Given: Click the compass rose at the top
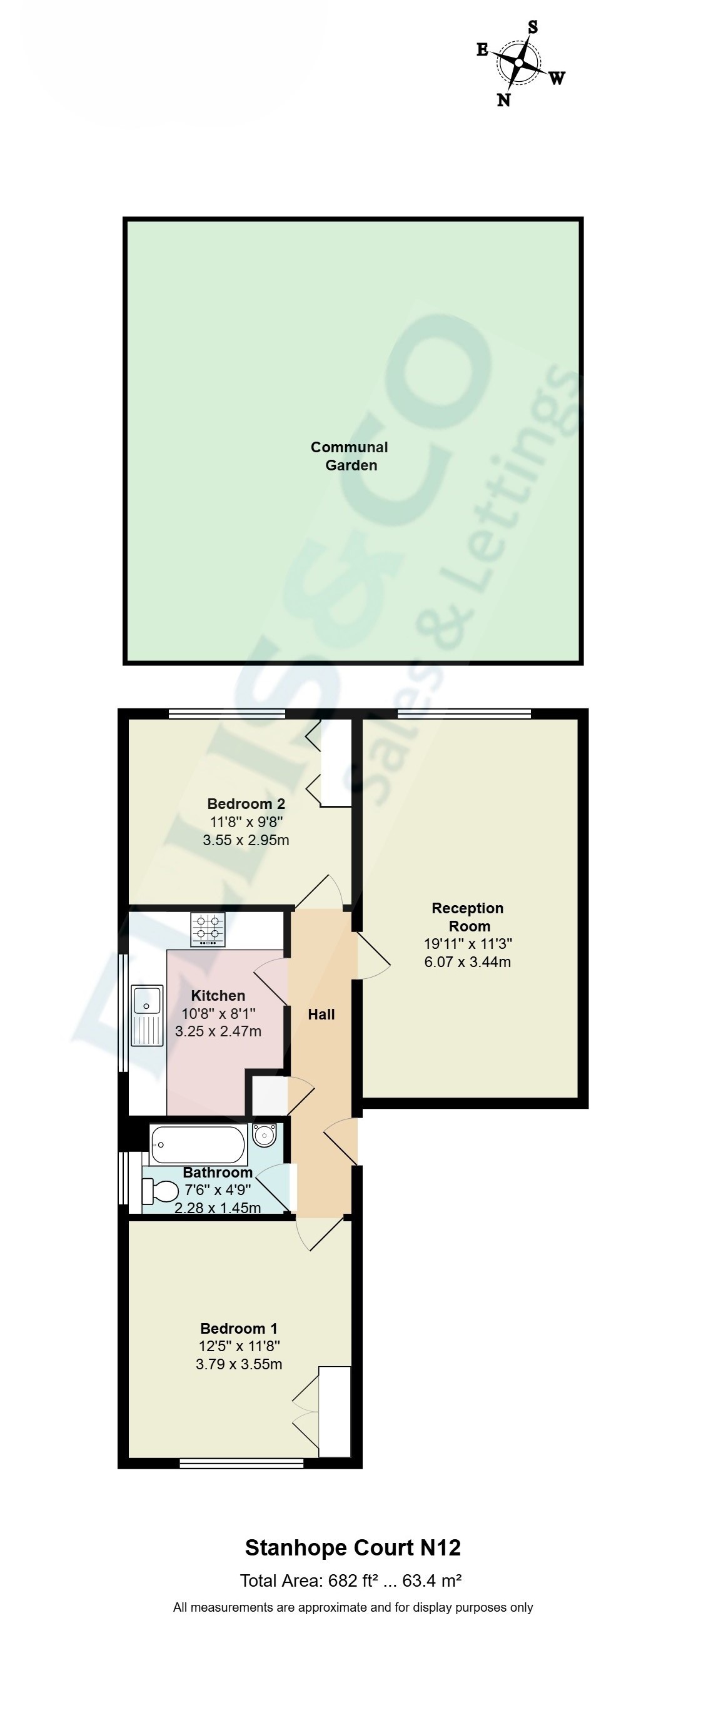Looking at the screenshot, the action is (x=518, y=62).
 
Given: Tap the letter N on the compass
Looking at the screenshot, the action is (x=503, y=100).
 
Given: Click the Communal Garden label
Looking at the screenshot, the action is (x=350, y=456).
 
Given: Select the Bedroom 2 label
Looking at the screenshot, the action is (x=246, y=803).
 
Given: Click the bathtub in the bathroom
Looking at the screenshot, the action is (x=199, y=1144).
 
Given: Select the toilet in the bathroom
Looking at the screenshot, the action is (x=159, y=1191).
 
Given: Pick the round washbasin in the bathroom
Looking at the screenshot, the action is (x=265, y=1136).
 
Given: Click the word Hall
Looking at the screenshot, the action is (x=321, y=1014).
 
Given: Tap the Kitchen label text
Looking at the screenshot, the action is (x=218, y=995).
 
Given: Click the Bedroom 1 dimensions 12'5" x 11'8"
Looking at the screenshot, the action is (x=240, y=1346).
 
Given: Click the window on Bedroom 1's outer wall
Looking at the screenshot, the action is (x=241, y=1463).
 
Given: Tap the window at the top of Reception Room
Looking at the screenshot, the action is (x=465, y=713).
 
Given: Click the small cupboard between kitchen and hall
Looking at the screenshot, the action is (x=270, y=1095).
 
